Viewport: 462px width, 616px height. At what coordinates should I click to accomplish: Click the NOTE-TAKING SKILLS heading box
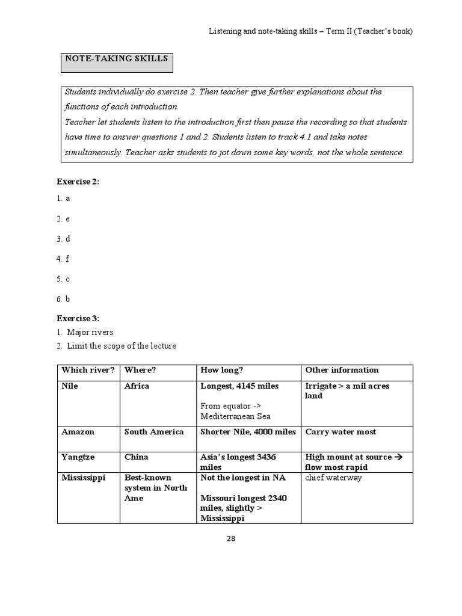(117, 62)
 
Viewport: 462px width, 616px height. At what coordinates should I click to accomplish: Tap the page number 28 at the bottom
(231, 538)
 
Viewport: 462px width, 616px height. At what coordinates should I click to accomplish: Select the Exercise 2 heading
(78, 182)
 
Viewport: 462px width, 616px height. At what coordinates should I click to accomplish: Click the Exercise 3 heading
(78, 318)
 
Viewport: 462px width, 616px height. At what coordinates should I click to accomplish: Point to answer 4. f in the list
(64, 259)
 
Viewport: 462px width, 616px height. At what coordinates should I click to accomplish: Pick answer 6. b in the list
(64, 299)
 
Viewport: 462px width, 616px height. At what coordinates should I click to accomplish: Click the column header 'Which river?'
(87, 370)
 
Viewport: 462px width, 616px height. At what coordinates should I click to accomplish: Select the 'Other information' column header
(342, 370)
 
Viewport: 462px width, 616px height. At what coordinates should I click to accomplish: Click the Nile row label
(70, 386)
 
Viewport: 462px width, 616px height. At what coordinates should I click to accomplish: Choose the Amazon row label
(78, 432)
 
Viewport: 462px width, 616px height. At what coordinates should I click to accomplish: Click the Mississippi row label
(83, 478)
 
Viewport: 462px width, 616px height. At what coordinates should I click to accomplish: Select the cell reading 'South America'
(153, 432)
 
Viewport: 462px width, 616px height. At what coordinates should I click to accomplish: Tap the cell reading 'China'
(136, 457)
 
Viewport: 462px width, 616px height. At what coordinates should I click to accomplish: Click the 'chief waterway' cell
(333, 478)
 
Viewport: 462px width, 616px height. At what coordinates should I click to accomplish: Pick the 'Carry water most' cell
(340, 432)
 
